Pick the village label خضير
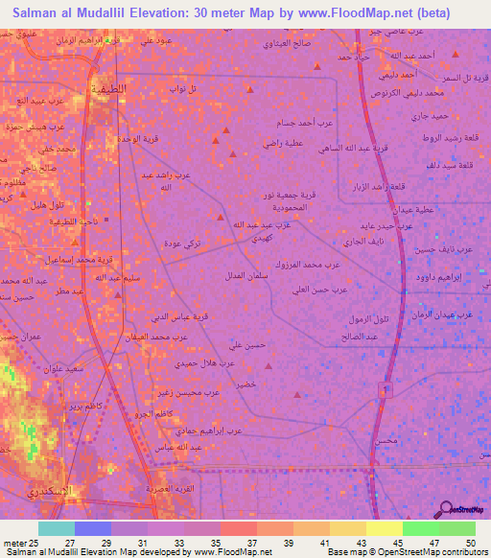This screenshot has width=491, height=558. [x=248, y=383]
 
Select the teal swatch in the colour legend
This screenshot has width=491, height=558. [x=57, y=528]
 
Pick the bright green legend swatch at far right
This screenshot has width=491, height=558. [x=456, y=528]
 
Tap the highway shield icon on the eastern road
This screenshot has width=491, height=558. [x=385, y=390]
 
